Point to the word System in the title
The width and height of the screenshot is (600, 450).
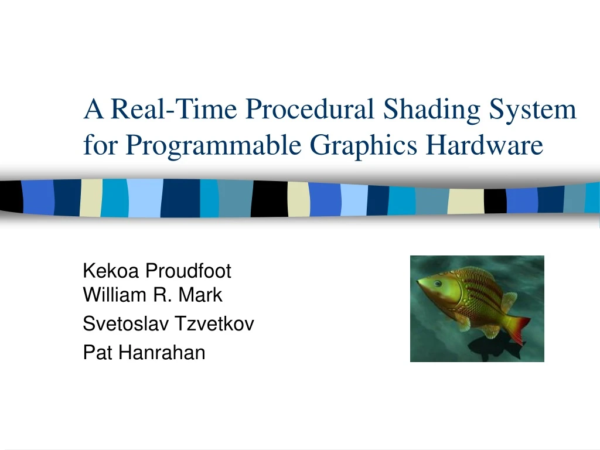tap(537, 110)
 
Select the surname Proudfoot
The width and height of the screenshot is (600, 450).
tap(188, 271)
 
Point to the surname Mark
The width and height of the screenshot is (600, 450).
tap(200, 295)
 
